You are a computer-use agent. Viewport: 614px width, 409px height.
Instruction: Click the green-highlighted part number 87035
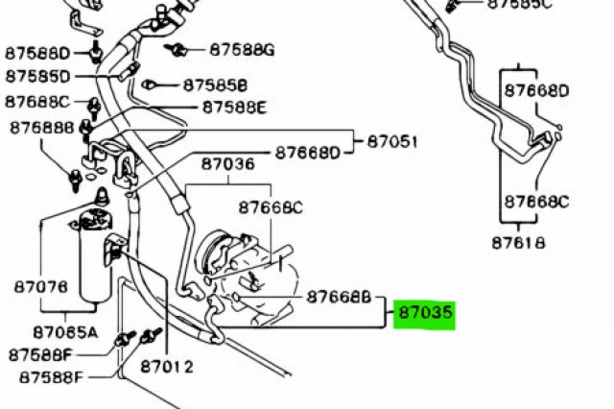coord(425,313)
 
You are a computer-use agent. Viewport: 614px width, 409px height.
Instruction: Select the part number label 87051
coord(392,141)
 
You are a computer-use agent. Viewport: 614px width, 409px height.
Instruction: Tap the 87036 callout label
coord(228,164)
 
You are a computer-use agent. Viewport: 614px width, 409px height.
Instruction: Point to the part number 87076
coord(41,287)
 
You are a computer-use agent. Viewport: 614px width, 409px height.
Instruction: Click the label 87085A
coord(65,332)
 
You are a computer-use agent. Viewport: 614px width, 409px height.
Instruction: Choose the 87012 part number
coord(167,367)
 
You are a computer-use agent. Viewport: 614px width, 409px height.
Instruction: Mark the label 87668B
coord(339,297)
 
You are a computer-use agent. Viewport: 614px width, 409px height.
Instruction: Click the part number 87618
coord(518,243)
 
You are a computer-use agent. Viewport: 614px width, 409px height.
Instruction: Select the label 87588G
coord(242,50)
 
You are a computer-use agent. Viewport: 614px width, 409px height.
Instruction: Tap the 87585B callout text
coord(215,85)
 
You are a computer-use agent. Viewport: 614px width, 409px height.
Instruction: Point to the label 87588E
coord(234,107)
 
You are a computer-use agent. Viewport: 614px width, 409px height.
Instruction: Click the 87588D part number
coord(37,53)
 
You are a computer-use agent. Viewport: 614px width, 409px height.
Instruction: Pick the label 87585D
coord(38,77)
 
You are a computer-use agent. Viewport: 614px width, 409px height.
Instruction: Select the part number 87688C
coord(37,102)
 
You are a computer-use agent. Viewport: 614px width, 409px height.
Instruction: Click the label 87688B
coord(42,128)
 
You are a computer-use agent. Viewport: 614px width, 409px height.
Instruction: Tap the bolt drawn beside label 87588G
coord(177,50)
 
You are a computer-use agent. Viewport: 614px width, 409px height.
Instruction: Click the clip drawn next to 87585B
coord(148,84)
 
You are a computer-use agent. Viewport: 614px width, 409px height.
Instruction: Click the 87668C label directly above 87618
coord(536,203)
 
